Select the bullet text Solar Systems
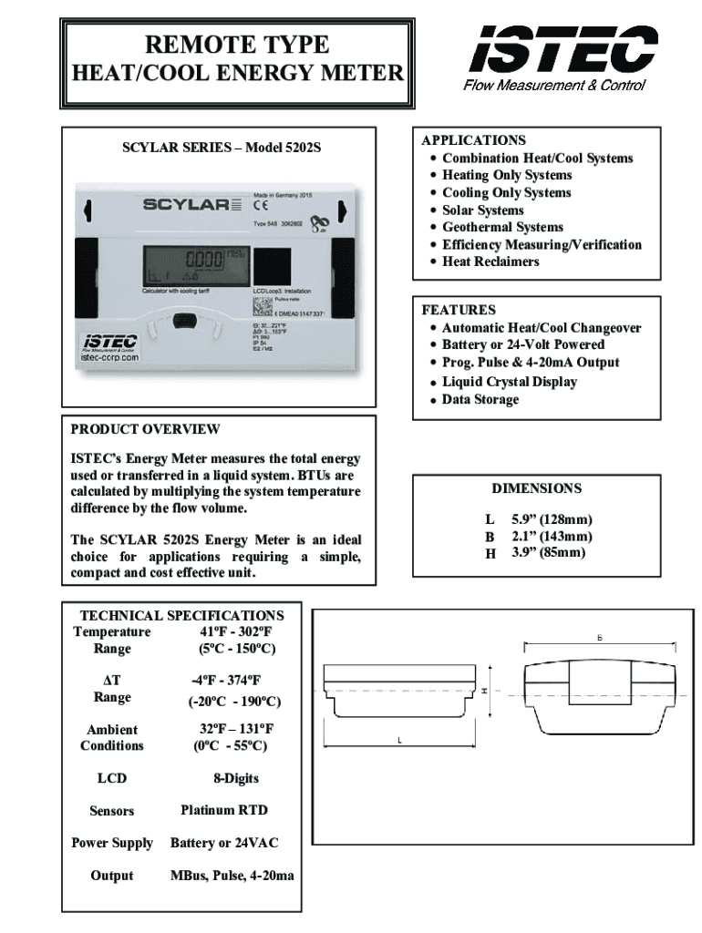(x=482, y=210)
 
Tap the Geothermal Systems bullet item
(x=502, y=227)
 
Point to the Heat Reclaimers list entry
(x=490, y=261)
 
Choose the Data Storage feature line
(x=480, y=399)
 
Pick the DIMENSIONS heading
(x=536, y=488)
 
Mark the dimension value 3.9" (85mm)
(x=548, y=552)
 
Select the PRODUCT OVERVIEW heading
(x=145, y=429)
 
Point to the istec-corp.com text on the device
(x=107, y=358)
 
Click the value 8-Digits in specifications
(x=236, y=778)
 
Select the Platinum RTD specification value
(x=224, y=809)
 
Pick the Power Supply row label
(x=112, y=843)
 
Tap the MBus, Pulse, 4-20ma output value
(x=232, y=876)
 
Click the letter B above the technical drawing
(x=599, y=637)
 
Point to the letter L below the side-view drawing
(x=398, y=741)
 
